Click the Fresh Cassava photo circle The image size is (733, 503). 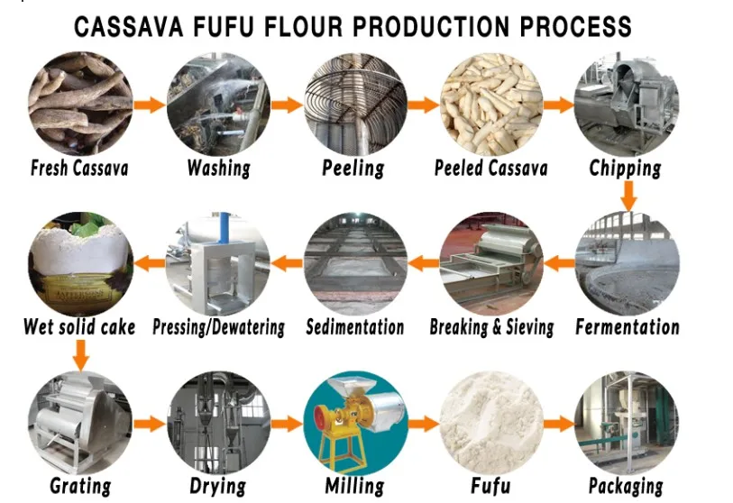click(x=80, y=105)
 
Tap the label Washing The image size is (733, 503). click(x=218, y=168)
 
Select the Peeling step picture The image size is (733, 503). click(x=353, y=105)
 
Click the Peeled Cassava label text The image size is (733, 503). click(x=490, y=168)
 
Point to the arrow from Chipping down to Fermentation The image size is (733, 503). click(x=628, y=195)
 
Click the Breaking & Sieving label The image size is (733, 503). click(x=491, y=326)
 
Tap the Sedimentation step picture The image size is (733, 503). click(x=354, y=263)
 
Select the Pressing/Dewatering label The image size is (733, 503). click(x=218, y=326)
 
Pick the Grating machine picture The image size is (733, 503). click(x=80, y=422)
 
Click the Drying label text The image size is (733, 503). click(x=217, y=486)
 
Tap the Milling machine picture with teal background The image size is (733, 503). click(x=354, y=422)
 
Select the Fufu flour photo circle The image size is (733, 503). click(x=491, y=422)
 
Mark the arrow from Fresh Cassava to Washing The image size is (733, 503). click(x=149, y=105)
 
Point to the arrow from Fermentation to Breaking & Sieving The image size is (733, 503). click(x=561, y=263)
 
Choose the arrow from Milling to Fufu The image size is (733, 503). click(x=423, y=422)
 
